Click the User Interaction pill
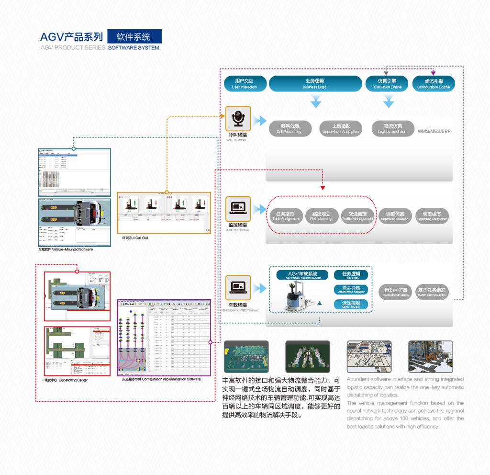[x=244, y=84]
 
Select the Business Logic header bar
[x=314, y=84]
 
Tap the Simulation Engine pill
[x=388, y=84]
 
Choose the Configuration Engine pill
[x=434, y=84]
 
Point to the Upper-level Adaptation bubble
[x=341, y=128]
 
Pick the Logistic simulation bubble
[x=392, y=128]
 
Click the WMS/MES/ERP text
[x=434, y=131]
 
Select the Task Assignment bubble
[x=286, y=216]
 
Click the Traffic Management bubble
[x=357, y=216]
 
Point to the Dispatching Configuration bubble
[x=432, y=216]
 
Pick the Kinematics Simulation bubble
[x=396, y=292]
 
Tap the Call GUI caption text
[x=135, y=238]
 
